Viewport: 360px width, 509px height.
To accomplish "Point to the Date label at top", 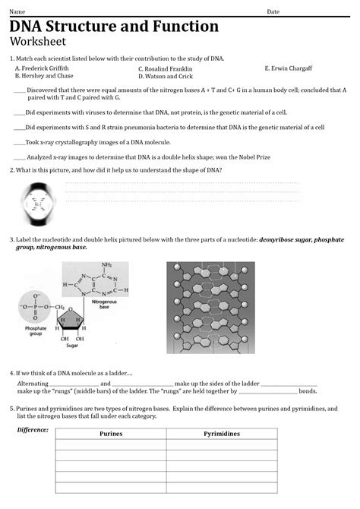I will [x=273, y=11].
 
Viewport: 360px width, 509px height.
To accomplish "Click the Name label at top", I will [x=16, y=11].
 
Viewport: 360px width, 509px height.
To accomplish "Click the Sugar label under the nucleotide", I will [x=72, y=345].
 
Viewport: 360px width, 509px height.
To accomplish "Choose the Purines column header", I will [x=111, y=433].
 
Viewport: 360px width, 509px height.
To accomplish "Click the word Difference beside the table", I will [x=33, y=430].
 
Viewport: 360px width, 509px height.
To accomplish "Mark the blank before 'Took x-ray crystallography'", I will [x=19, y=142].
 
